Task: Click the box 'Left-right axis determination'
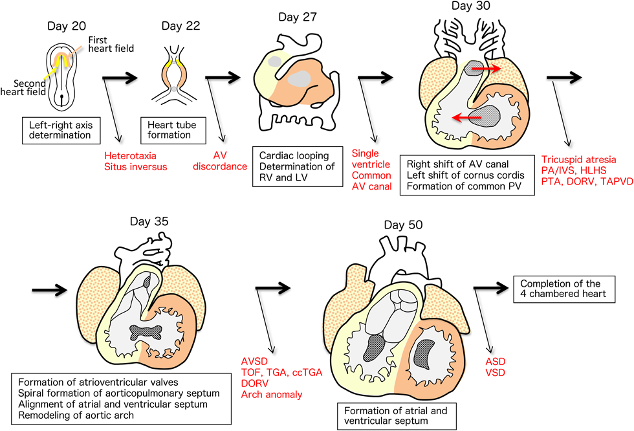[x=63, y=129]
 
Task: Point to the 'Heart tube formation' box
[x=169, y=129]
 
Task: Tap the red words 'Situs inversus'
[x=135, y=167]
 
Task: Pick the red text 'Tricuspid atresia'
[x=578, y=160]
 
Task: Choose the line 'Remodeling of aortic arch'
[x=76, y=415]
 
